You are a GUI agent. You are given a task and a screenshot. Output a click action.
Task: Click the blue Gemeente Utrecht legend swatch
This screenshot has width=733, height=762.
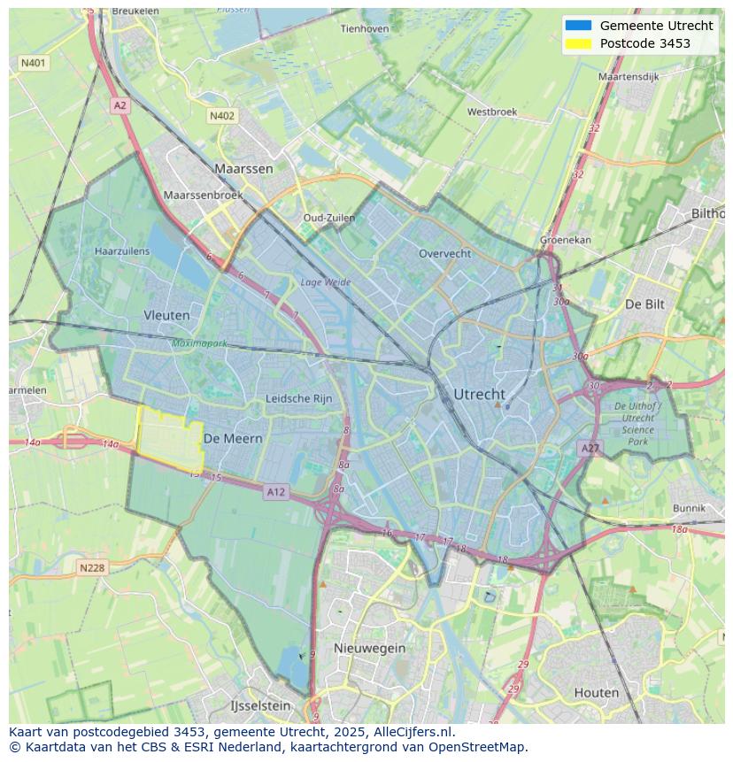click(x=577, y=26)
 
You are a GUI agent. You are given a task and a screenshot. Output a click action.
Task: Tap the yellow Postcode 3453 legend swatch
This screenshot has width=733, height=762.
click(x=577, y=43)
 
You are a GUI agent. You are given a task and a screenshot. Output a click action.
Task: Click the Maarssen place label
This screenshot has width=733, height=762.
click(x=243, y=168)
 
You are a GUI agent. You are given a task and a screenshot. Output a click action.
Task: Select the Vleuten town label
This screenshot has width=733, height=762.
click(x=166, y=315)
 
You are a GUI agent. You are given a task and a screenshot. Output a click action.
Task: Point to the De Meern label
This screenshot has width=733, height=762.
click(x=233, y=438)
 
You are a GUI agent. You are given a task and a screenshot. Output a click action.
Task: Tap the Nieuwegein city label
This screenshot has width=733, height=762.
click(x=369, y=648)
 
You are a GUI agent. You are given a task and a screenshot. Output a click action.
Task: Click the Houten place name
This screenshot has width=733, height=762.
click(x=597, y=692)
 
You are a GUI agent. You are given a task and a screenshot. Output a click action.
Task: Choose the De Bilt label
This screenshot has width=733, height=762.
click(x=644, y=304)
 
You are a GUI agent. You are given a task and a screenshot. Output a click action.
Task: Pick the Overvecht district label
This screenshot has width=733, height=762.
click(x=444, y=253)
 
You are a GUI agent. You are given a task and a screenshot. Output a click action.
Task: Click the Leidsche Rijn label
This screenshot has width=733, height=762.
click(x=299, y=399)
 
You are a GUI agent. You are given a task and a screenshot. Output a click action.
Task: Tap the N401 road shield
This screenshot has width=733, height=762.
click(x=34, y=63)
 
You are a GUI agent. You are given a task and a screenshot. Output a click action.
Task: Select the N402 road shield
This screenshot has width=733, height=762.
click(x=222, y=116)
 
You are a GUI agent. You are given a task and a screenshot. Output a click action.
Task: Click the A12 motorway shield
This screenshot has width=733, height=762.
click(x=275, y=492)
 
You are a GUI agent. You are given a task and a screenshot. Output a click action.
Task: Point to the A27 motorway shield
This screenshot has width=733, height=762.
click(x=590, y=449)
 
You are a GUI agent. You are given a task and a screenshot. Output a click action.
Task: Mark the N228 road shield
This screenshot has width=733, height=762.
click(x=92, y=567)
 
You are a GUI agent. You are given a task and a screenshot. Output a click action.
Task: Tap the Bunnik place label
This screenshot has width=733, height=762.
click(x=689, y=508)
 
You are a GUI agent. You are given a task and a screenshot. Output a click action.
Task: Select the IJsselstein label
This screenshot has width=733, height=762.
click(x=260, y=706)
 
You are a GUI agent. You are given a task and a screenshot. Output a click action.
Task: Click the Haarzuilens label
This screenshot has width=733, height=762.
click(x=122, y=251)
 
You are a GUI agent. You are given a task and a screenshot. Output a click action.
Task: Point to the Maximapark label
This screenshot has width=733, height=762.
click(x=200, y=343)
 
